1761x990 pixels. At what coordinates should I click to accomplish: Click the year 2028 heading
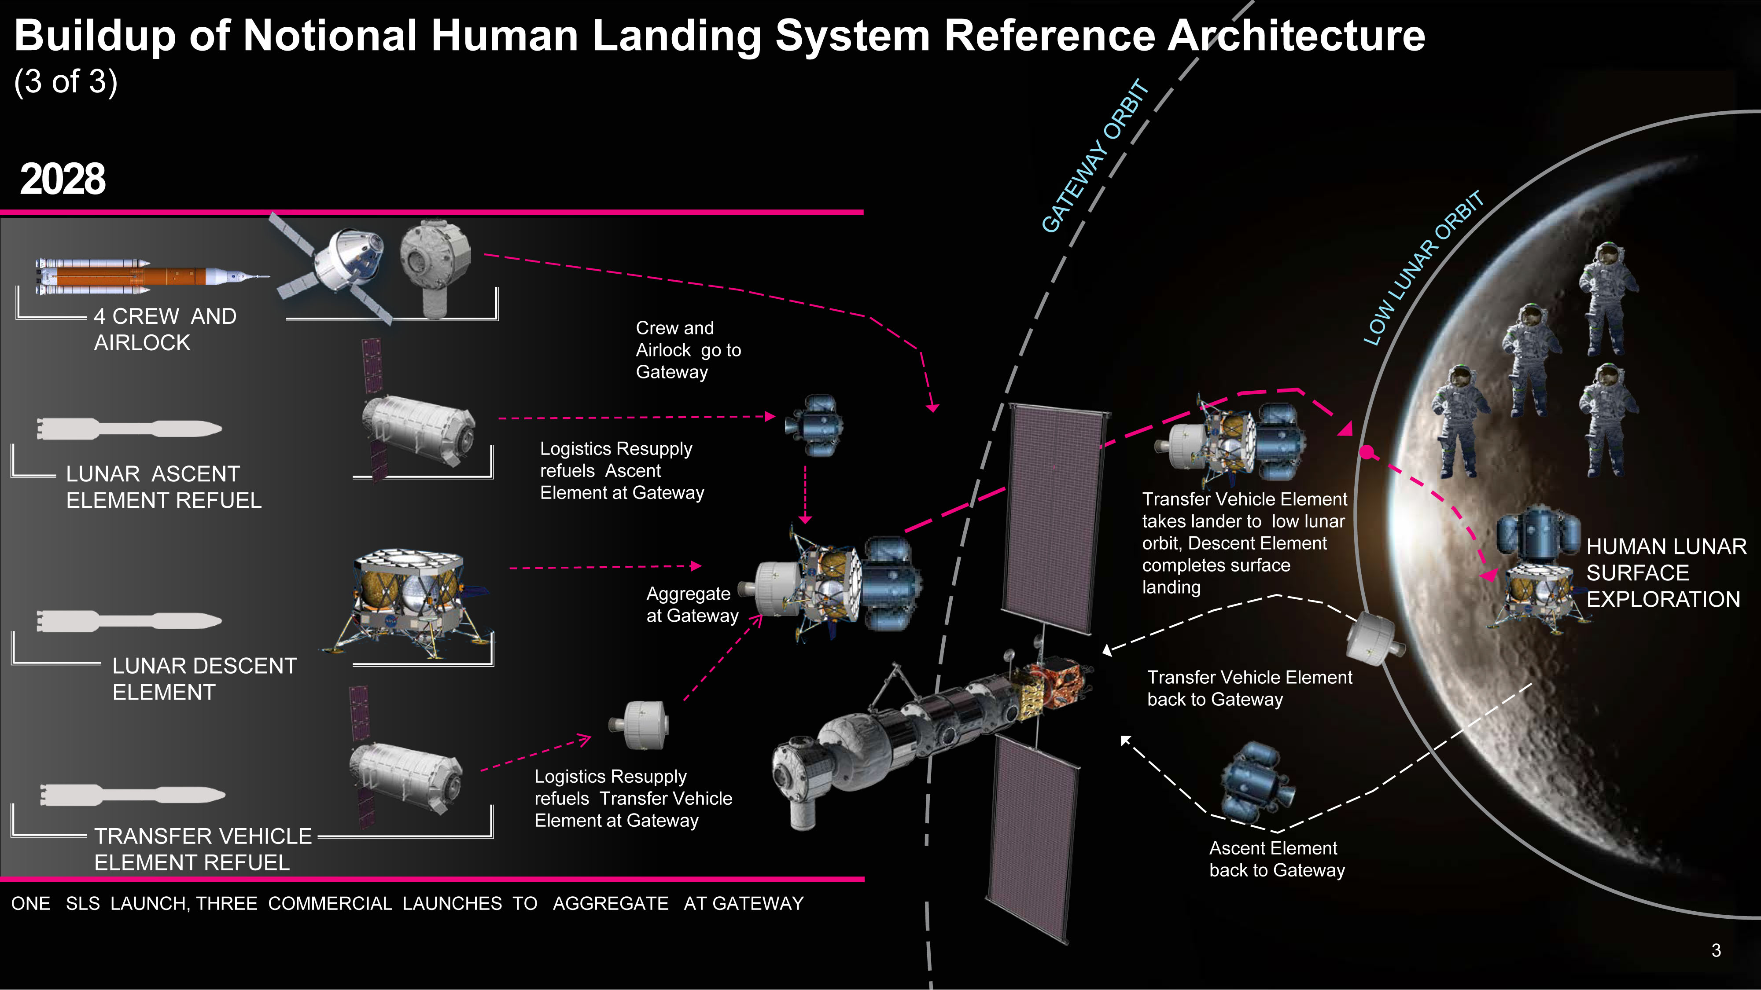point(63,179)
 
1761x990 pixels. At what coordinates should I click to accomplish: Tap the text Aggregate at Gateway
point(692,605)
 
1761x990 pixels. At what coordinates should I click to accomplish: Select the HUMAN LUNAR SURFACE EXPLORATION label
point(1665,572)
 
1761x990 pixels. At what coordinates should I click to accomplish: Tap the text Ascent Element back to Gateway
point(1276,859)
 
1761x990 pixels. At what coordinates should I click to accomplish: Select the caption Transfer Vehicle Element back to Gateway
point(1249,688)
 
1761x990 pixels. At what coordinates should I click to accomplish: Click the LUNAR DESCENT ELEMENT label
point(204,678)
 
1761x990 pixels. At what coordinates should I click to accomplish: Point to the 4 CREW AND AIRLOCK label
point(165,329)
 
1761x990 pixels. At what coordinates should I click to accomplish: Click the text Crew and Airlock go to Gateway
point(687,350)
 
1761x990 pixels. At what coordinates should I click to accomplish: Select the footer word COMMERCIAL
point(329,903)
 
